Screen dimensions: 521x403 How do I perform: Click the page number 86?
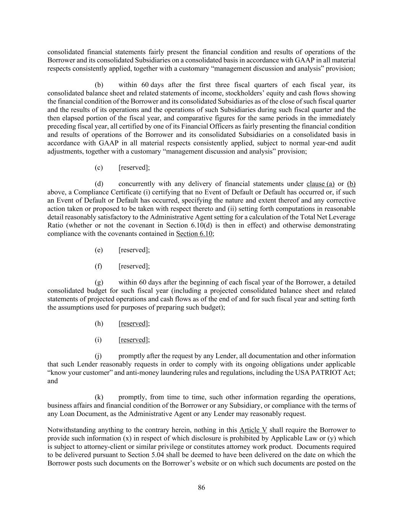tap(201, 487)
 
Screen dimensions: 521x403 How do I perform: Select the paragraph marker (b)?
tap(99, 85)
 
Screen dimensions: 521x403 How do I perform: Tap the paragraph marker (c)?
tap(99, 168)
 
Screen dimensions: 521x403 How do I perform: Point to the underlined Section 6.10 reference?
tap(194, 234)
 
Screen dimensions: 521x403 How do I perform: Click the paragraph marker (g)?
tap(99, 282)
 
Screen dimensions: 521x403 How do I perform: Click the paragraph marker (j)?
tap(99, 356)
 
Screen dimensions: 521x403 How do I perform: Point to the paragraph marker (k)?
tap(99, 397)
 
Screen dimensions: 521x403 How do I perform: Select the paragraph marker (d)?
tap(99, 184)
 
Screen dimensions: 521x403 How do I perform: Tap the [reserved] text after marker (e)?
tap(134, 250)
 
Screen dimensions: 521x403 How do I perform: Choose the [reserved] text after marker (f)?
tap(134, 266)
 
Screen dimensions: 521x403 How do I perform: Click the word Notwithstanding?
tap(71, 430)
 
